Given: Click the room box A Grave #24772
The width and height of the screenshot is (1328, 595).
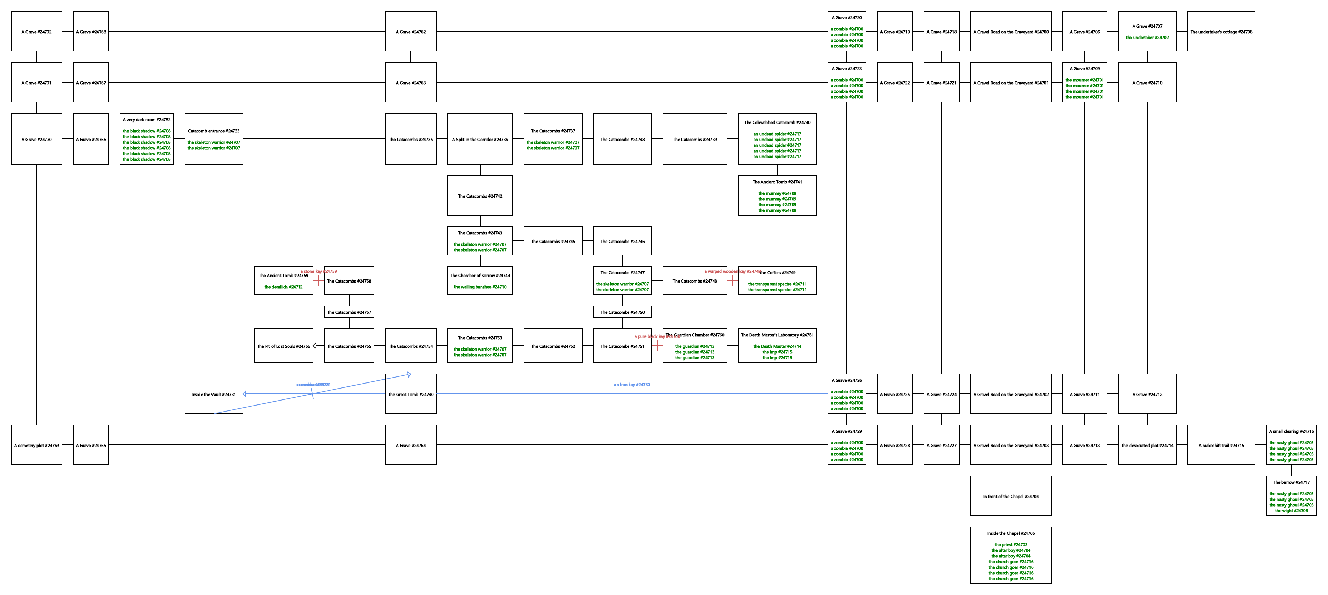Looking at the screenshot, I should point(36,32).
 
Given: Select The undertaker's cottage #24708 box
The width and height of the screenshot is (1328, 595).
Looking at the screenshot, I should point(1221,32).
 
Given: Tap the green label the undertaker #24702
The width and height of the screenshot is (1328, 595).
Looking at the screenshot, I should point(1147,38).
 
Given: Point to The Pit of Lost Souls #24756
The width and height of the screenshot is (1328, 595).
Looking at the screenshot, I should point(283,346).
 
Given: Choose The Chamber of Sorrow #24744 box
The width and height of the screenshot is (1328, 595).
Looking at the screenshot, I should point(479,280).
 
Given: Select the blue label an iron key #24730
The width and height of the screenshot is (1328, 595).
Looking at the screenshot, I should point(631,385).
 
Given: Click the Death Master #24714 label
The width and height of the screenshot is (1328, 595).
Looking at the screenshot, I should point(777,346).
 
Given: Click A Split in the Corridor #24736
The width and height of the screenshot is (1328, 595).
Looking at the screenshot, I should point(479,139).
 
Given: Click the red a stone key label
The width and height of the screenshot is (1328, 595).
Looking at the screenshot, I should point(319,271).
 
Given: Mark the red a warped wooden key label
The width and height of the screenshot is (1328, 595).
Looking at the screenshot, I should point(732,271).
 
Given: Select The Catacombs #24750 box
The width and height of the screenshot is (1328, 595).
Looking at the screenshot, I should point(622,312).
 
